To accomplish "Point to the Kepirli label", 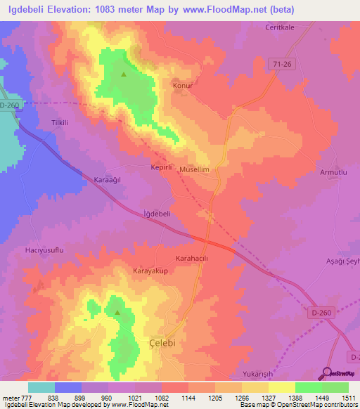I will tap(161, 169).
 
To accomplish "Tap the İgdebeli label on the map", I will tap(157, 214).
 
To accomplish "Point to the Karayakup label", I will tap(149, 270).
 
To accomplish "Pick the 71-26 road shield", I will tap(282, 64).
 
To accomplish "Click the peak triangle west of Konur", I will tap(124, 74).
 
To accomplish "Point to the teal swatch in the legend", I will tap(41, 387).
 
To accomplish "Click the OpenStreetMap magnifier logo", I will tap(326, 374).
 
